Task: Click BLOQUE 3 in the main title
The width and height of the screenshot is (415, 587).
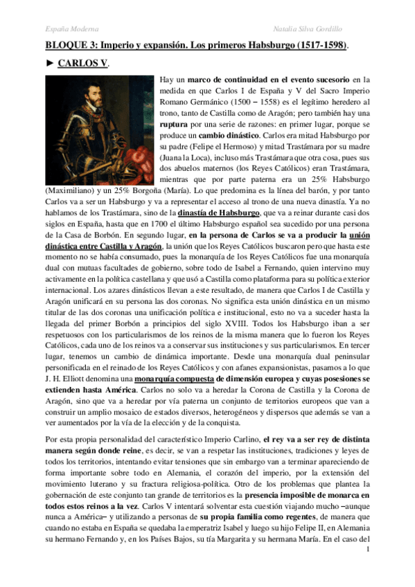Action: pyautogui.click(x=67, y=46)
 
